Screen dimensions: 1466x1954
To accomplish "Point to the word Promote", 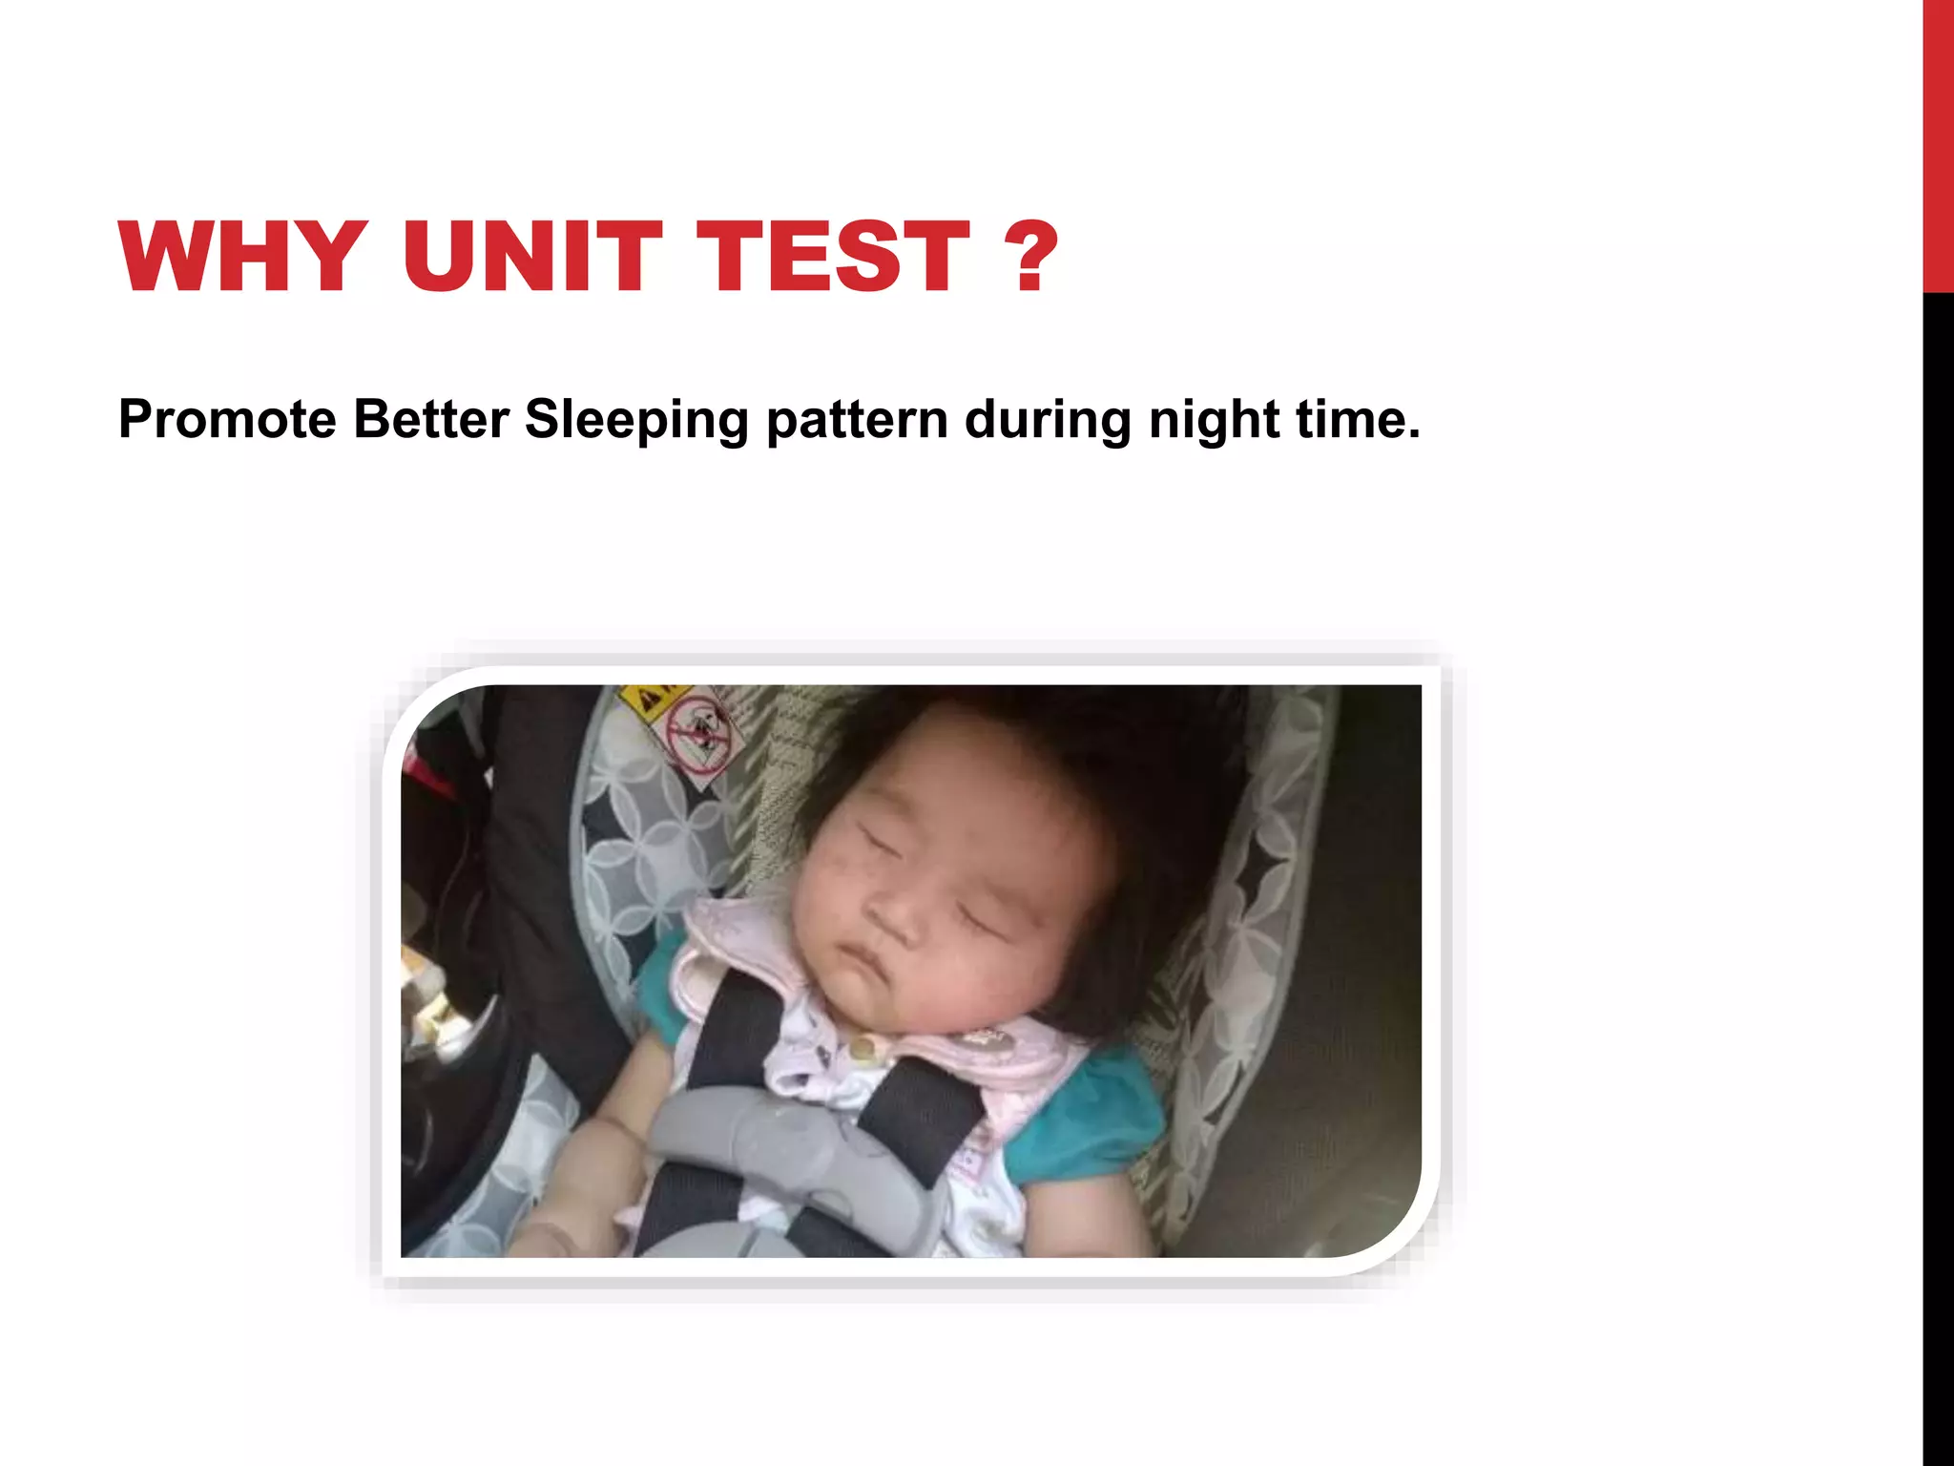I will click(227, 420).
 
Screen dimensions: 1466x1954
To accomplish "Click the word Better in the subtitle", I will click(430, 420).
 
